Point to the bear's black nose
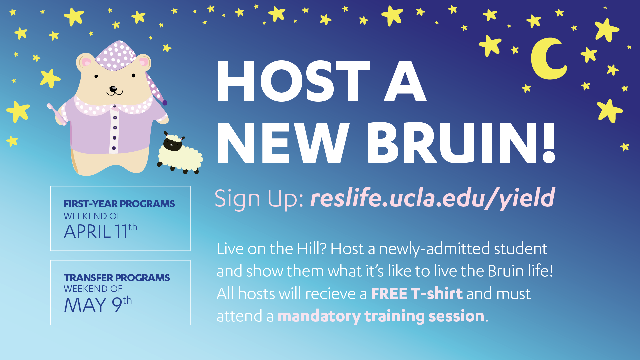(113, 89)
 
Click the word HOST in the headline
(294, 81)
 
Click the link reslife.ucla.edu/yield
(433, 198)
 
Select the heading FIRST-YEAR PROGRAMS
(119, 204)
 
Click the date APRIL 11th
(100, 231)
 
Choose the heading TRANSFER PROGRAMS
(117, 278)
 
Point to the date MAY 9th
(98, 304)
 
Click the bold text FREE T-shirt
(417, 294)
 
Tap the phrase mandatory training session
(381, 316)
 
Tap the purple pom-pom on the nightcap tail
(164, 103)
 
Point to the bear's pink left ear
(86, 62)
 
